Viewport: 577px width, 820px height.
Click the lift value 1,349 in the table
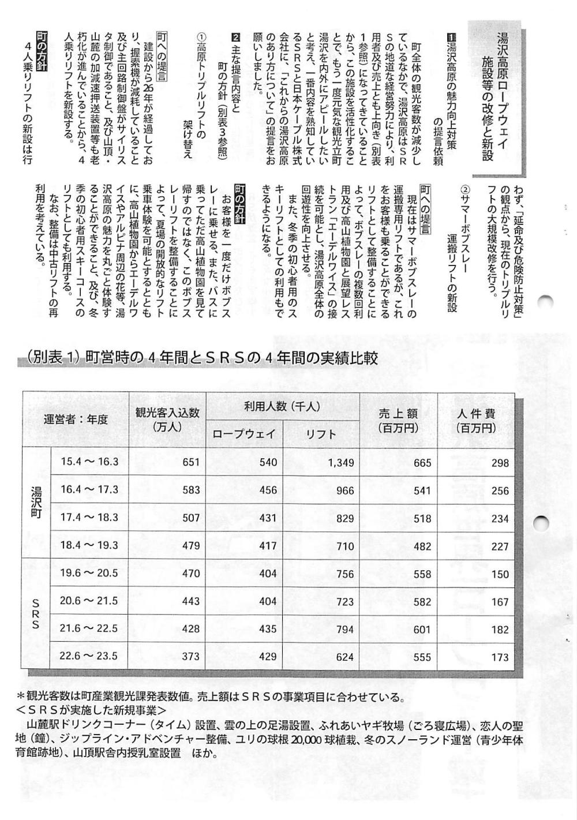pos(340,462)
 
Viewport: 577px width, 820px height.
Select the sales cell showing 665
pos(422,462)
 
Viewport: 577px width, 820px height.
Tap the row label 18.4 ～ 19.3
pos(89,545)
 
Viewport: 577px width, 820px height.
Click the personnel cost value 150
pos(500,574)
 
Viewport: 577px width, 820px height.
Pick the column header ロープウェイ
pos(245,434)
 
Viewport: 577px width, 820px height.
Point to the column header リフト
pos(321,434)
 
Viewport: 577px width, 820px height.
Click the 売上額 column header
pos(398,421)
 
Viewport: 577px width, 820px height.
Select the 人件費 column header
pos(476,421)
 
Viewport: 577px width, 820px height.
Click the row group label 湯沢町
pos(36,503)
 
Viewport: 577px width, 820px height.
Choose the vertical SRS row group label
pos(36,615)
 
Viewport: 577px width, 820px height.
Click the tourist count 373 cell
pos(190,657)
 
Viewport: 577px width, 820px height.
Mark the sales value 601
pos(422,629)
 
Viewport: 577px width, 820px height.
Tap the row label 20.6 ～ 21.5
pos(89,601)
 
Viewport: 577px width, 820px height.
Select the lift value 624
pos(344,657)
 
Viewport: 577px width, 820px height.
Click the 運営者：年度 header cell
pos(76,420)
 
